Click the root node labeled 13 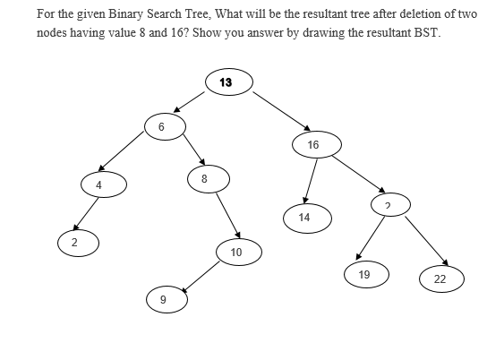(x=225, y=82)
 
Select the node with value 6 (x=161, y=126)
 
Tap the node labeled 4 (x=99, y=184)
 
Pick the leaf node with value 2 (x=75, y=242)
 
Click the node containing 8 (x=204, y=179)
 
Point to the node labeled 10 (x=235, y=253)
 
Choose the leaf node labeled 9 (x=162, y=299)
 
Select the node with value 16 (x=313, y=143)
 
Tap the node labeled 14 (x=304, y=217)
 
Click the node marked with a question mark (x=388, y=205)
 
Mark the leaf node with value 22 (x=440, y=279)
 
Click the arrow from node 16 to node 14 (x=310, y=181)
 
